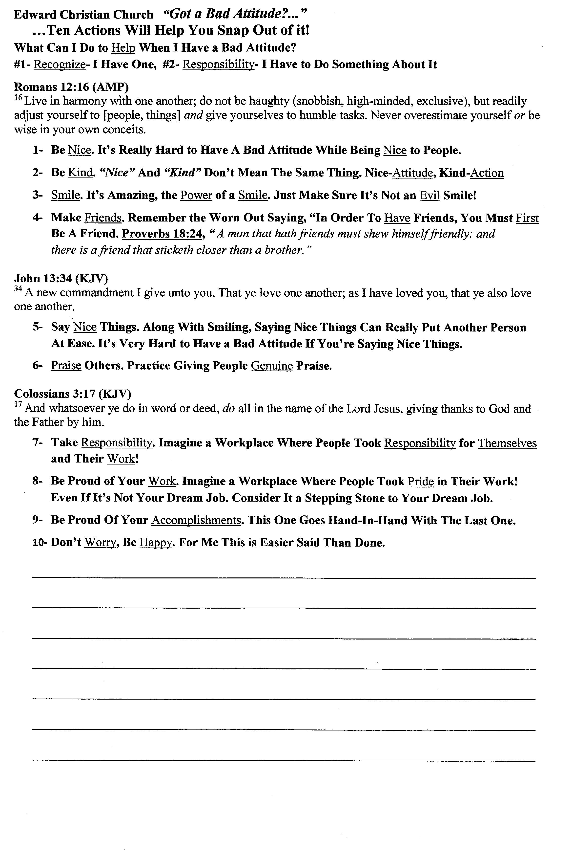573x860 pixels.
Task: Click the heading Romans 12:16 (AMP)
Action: (x=71, y=87)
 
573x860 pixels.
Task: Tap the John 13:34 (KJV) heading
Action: (x=61, y=279)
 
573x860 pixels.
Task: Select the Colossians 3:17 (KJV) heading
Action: (x=72, y=394)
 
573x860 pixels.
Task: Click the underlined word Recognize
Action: (x=59, y=65)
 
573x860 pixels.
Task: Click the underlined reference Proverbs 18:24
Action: (x=162, y=234)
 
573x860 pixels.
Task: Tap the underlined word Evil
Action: (x=430, y=195)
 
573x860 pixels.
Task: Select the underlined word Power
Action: (x=196, y=195)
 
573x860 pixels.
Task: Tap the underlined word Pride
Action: (x=421, y=481)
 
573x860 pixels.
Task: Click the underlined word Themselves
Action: (x=507, y=443)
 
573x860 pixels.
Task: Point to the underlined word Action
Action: (x=487, y=173)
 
